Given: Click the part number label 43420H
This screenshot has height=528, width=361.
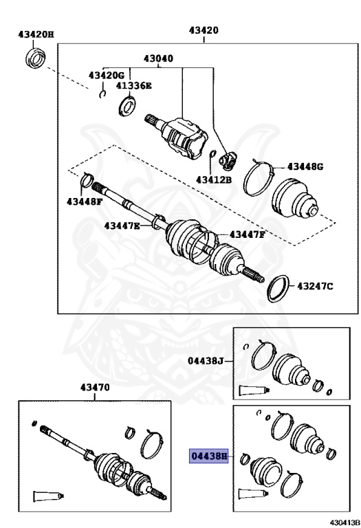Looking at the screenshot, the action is [x=36, y=34].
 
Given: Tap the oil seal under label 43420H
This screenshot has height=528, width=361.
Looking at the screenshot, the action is [x=35, y=58].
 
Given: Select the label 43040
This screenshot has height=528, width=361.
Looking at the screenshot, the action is [x=158, y=58].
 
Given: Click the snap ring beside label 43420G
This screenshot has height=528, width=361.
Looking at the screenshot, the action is [x=102, y=94].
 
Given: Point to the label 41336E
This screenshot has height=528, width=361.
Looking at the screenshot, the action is [x=133, y=85].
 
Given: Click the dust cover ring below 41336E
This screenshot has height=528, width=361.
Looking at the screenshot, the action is [x=127, y=106].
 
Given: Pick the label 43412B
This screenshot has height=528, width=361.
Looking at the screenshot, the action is [x=214, y=179].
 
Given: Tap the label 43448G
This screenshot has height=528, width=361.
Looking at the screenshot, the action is [x=305, y=166].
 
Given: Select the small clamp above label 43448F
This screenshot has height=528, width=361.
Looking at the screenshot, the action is [x=87, y=179].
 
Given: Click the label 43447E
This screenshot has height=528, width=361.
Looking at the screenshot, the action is [x=122, y=225].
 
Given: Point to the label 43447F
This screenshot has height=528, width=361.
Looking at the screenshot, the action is [x=247, y=234].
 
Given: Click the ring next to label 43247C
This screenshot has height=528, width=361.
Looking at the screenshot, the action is [x=278, y=289].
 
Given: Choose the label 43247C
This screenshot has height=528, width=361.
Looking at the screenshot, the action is [x=315, y=286].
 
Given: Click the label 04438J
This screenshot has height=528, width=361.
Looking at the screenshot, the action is [x=206, y=361].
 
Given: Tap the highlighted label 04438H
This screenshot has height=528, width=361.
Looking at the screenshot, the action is [x=209, y=456].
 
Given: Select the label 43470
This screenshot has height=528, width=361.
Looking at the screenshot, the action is [x=95, y=387].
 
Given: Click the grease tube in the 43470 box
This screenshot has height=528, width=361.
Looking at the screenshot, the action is [x=48, y=496].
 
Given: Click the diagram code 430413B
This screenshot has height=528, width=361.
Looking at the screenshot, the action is [x=344, y=522].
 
